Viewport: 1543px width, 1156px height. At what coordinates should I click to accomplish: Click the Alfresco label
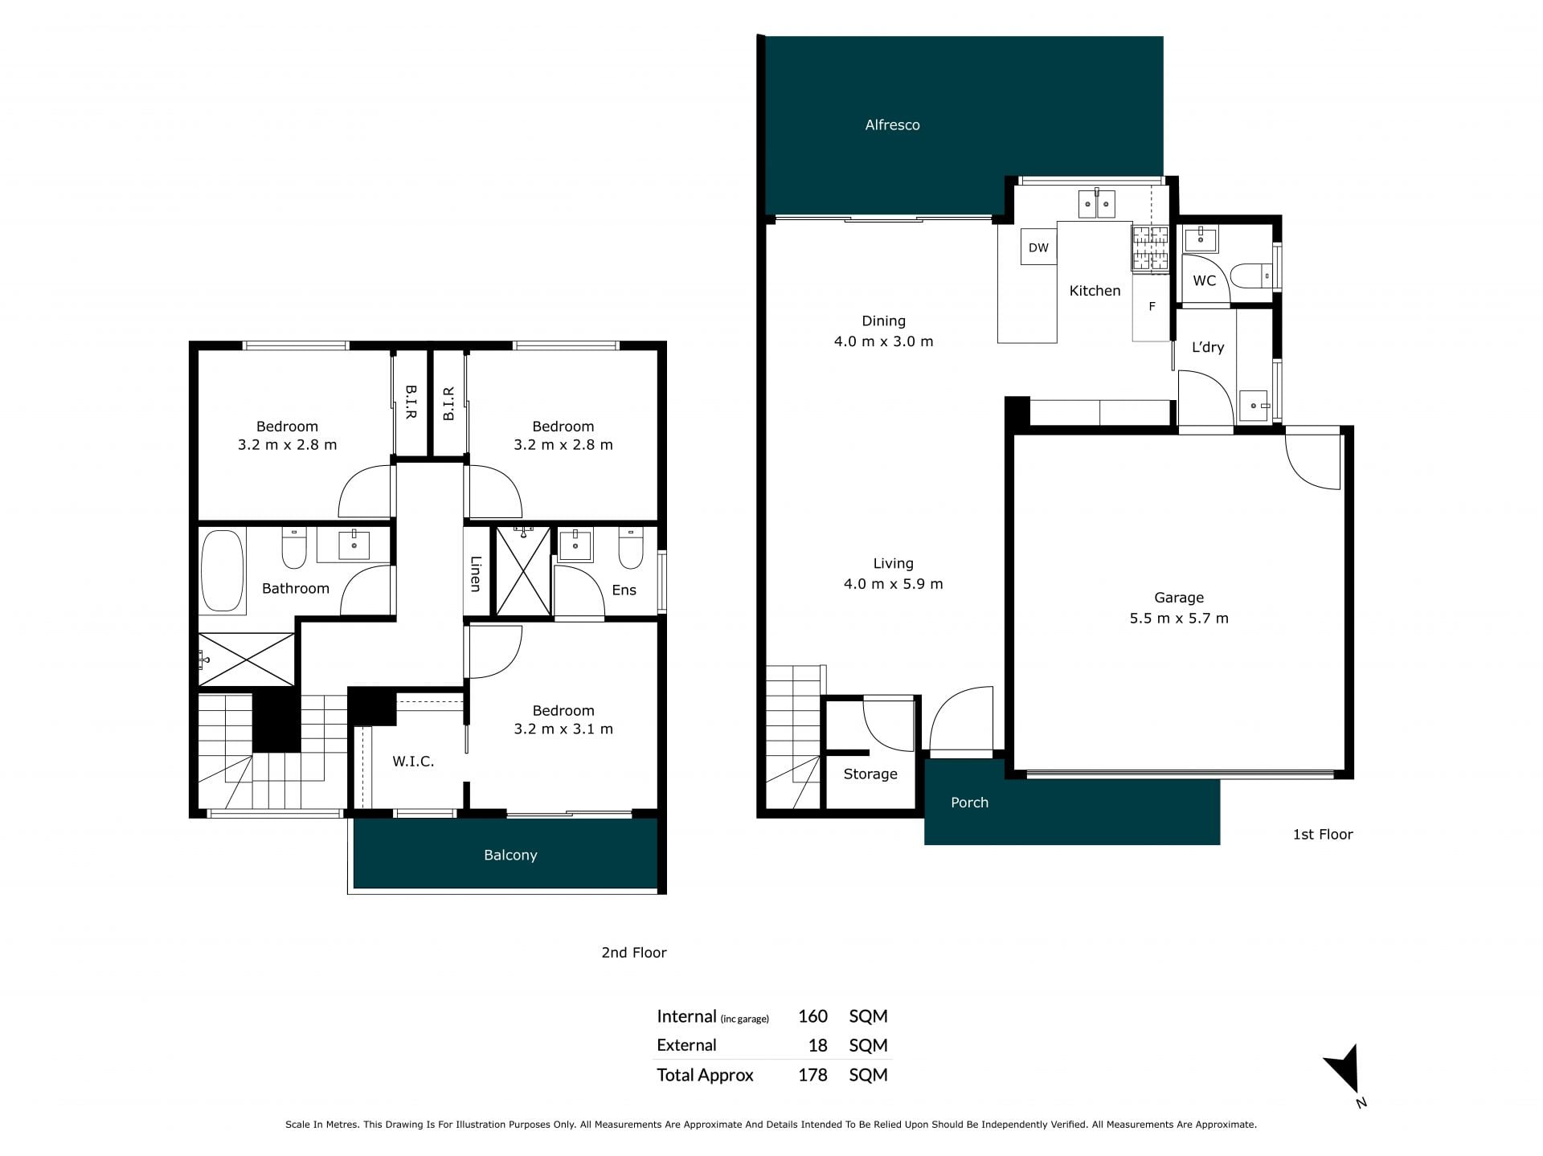click(892, 125)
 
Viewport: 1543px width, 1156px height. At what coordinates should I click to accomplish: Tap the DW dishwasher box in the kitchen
click(1038, 247)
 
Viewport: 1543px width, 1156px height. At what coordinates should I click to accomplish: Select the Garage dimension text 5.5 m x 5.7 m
click(1179, 618)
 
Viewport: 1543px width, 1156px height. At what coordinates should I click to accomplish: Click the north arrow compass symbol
click(1344, 1072)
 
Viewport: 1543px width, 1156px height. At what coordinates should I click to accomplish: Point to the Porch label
click(969, 803)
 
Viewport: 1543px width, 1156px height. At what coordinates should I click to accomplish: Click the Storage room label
click(870, 774)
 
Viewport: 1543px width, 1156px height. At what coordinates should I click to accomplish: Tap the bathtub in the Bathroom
click(222, 570)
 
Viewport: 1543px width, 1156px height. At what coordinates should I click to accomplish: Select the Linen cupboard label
click(476, 574)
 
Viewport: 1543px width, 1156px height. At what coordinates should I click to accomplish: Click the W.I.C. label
click(413, 761)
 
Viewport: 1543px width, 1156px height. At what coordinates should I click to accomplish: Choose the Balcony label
click(510, 855)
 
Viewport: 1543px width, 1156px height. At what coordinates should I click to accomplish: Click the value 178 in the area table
click(812, 1075)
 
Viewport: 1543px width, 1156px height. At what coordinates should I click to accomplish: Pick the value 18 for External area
click(817, 1045)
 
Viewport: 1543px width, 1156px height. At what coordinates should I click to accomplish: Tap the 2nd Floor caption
click(634, 953)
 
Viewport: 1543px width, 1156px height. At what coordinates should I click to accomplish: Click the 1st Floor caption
click(1323, 835)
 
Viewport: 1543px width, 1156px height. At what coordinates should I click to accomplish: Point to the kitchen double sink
click(1095, 204)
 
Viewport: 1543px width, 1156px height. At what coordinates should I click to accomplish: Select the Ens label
click(624, 590)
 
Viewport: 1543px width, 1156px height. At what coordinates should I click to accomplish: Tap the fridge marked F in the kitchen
click(1152, 307)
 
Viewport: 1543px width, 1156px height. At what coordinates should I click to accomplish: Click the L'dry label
click(1208, 347)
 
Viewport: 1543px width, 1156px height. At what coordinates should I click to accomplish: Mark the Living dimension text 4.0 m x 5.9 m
click(893, 584)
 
